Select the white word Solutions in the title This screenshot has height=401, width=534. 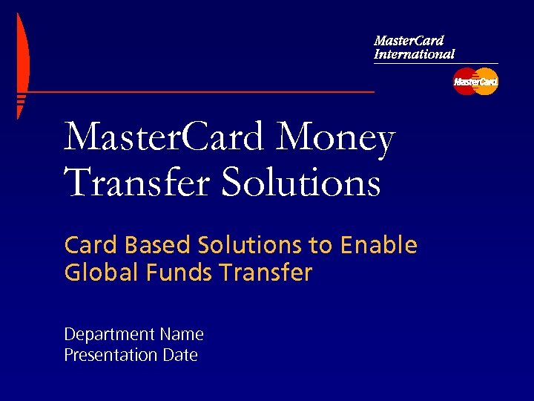click(x=301, y=183)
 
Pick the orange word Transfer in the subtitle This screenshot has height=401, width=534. click(x=266, y=273)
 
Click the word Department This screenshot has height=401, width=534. click(x=109, y=336)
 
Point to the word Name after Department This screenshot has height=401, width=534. click(x=181, y=335)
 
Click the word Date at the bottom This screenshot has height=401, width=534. click(x=180, y=356)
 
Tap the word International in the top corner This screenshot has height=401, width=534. click(x=414, y=54)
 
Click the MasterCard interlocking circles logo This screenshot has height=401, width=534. click(x=475, y=82)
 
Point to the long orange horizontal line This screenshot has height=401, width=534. click(x=200, y=92)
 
